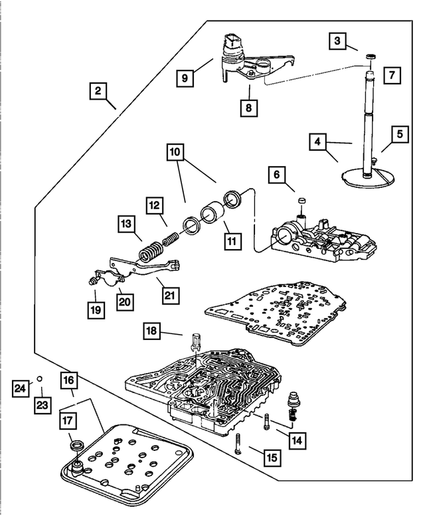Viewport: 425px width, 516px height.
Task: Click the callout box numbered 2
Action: [98, 90]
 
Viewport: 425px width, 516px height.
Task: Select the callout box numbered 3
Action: [337, 41]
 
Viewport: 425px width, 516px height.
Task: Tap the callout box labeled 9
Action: [185, 78]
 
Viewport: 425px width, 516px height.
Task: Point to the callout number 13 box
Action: [126, 224]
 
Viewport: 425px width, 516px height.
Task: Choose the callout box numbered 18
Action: [151, 331]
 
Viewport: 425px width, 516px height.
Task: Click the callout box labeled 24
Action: [20, 388]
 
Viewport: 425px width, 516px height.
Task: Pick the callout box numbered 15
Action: [272, 458]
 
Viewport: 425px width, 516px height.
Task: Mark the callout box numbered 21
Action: [170, 295]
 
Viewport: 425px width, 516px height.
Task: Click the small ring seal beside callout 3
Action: [371, 57]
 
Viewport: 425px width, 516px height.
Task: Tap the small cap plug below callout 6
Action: [302, 201]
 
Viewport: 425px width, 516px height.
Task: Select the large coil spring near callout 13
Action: [150, 252]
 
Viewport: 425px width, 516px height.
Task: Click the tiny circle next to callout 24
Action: [39, 379]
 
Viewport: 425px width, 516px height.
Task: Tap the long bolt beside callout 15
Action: [238, 444]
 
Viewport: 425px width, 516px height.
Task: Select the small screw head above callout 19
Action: [92, 281]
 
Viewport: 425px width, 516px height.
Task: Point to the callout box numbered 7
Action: [392, 75]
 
